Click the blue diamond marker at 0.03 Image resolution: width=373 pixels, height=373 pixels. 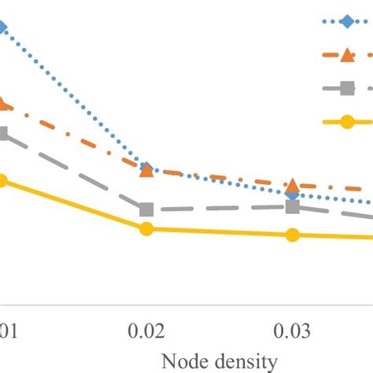(x=292, y=193)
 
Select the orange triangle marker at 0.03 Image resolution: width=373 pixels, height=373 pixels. (x=293, y=186)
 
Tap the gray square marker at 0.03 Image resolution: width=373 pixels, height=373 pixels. (x=293, y=207)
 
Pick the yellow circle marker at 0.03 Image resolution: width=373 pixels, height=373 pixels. (x=293, y=235)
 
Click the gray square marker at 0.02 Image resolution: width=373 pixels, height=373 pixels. (x=146, y=210)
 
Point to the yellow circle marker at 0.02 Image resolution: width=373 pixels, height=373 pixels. (x=146, y=229)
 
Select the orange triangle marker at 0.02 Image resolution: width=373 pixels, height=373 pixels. (x=146, y=170)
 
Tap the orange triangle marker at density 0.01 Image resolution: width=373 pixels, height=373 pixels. (x=3, y=103)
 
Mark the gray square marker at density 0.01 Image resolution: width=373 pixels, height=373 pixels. (x=3, y=134)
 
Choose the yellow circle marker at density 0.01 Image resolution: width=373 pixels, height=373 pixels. (x=3, y=181)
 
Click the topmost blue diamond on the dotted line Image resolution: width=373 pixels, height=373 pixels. (x=3, y=28)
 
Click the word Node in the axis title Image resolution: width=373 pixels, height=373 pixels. (x=185, y=361)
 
